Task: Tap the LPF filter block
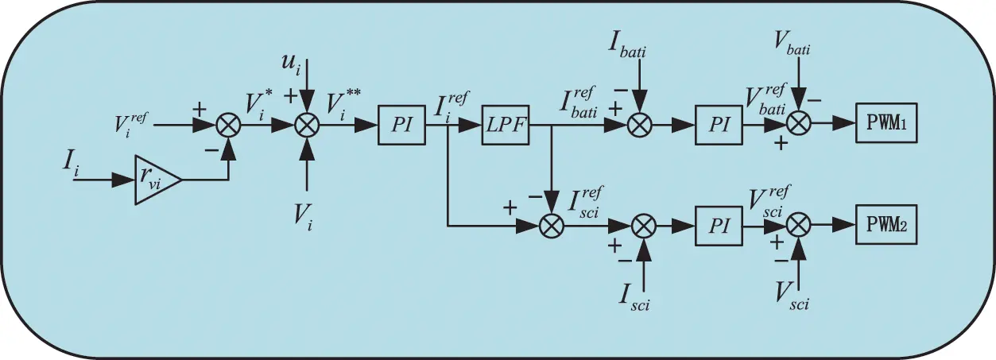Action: point(506,126)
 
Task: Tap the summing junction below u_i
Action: point(307,126)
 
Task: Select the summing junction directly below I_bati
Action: point(642,126)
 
